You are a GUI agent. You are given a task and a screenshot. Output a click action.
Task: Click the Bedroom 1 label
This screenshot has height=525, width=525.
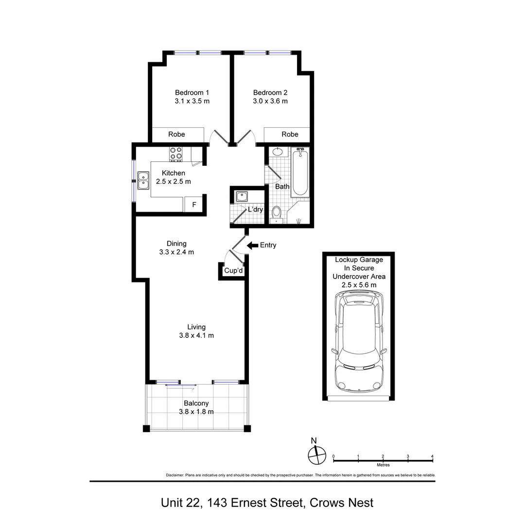point(192,92)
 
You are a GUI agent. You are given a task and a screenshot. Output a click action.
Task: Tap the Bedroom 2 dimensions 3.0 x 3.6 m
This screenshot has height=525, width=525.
point(270,101)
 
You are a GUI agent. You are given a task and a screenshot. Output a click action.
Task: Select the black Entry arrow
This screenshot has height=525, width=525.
point(252,245)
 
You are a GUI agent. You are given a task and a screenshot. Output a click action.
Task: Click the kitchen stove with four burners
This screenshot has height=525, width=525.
point(176,154)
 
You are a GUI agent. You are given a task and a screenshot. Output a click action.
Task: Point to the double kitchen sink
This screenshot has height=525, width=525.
point(143,180)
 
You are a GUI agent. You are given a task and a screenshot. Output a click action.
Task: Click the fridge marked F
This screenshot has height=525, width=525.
point(194,204)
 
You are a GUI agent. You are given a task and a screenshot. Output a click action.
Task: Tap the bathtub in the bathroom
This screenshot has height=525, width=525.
point(299,172)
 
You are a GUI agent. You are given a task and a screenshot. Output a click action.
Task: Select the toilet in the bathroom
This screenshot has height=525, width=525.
point(277,215)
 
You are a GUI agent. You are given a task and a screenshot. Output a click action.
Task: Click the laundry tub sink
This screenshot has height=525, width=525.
point(242,196)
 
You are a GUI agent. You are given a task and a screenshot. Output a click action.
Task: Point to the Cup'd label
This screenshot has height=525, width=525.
point(233,271)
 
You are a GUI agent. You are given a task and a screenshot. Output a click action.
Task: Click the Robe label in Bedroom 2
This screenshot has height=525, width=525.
point(290,134)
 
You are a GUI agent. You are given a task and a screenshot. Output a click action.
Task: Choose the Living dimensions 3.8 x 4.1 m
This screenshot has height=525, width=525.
point(196,335)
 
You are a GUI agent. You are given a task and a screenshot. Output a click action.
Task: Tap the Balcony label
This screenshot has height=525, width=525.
point(196,403)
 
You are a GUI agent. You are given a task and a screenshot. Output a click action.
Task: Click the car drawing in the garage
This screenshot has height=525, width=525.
point(359,342)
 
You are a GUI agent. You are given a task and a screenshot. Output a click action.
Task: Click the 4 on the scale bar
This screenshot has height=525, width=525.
point(432,456)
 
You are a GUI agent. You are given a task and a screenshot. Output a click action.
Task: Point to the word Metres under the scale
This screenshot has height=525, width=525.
point(384,465)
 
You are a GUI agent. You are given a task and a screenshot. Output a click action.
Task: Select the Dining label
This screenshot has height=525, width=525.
point(176,244)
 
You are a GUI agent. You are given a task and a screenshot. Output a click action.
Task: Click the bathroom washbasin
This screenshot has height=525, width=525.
point(278,152)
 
